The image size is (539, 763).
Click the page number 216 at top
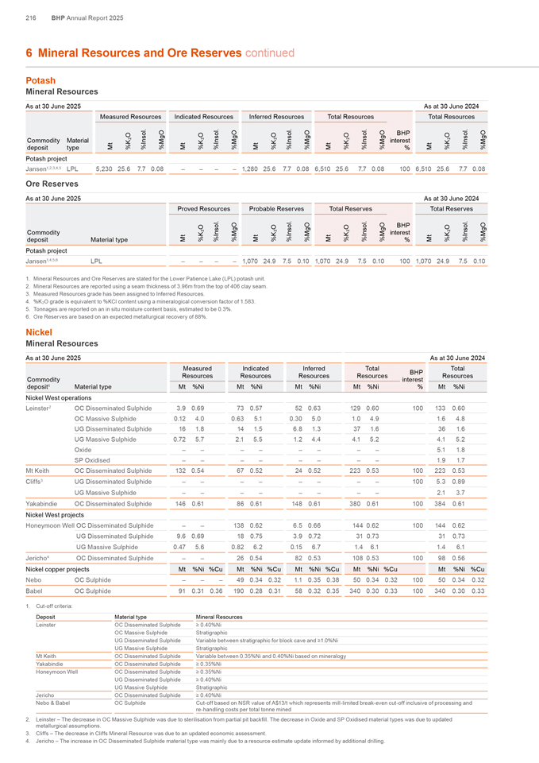tap(32, 17)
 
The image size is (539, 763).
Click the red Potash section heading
tap(40, 80)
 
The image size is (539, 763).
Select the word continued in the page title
tap(267, 52)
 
